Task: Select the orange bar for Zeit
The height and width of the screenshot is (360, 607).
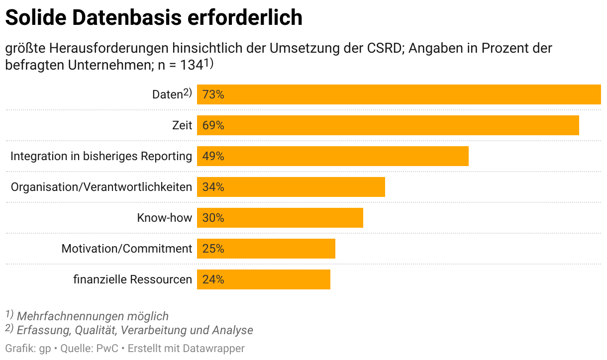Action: pyautogui.click(x=388, y=125)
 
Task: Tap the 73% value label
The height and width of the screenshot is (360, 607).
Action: pyautogui.click(x=213, y=94)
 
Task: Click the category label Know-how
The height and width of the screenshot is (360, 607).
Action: pyautogui.click(x=164, y=218)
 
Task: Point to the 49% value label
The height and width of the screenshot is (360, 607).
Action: pyautogui.click(x=213, y=156)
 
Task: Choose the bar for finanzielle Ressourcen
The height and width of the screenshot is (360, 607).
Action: pyautogui.click(x=264, y=279)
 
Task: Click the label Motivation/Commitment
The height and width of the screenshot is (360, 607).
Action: pyautogui.click(x=126, y=249)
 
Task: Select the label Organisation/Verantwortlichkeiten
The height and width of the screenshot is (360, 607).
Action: pyautogui.click(x=101, y=187)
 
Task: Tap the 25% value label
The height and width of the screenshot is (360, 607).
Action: pyautogui.click(x=213, y=249)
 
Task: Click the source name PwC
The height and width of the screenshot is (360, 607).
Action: pyautogui.click(x=107, y=349)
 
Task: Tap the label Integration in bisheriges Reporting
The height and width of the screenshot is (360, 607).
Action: pyautogui.click(x=101, y=156)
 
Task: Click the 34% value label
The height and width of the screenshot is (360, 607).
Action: pyautogui.click(x=213, y=187)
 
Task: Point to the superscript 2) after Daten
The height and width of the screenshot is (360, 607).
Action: pyautogui.click(x=187, y=92)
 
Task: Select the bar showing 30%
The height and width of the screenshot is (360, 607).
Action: pyautogui.click(x=280, y=218)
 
